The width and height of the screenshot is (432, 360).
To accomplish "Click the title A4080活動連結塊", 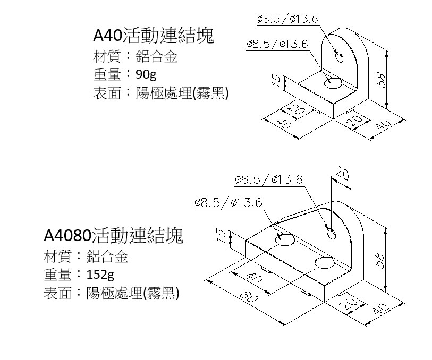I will click(113, 235).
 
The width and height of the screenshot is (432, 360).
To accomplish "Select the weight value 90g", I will click(147, 73).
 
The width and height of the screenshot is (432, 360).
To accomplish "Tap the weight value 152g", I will click(100, 274).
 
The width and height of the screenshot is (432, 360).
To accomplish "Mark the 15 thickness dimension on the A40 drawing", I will click(276, 80).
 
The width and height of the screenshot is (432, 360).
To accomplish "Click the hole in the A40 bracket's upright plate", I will click(338, 56).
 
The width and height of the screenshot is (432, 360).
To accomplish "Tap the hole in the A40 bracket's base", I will click(333, 82).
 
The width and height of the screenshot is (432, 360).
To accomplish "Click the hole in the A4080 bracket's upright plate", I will click(331, 232).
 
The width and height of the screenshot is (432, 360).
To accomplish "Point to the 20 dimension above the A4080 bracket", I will click(342, 174).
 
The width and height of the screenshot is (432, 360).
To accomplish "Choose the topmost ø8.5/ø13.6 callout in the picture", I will click(287, 19).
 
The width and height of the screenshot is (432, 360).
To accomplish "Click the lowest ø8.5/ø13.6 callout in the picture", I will click(228, 202).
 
